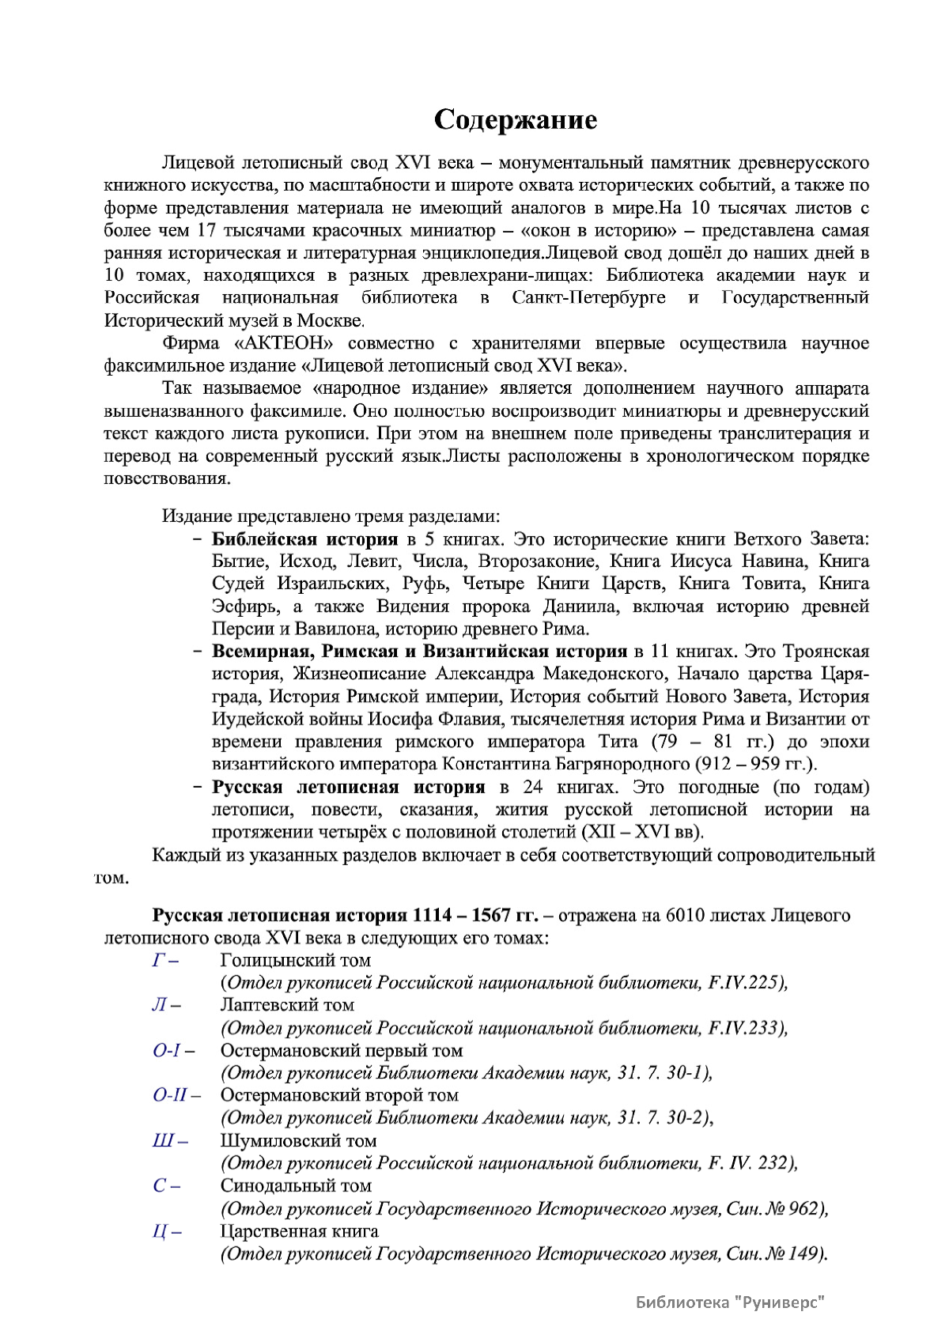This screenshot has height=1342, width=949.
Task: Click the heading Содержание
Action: (x=515, y=120)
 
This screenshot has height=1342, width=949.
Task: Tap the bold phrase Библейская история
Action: (x=304, y=539)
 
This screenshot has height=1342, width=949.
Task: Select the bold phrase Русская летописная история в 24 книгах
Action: (x=348, y=788)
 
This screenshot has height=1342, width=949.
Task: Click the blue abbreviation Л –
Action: (x=165, y=1005)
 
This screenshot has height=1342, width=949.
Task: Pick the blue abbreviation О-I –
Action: (x=173, y=1051)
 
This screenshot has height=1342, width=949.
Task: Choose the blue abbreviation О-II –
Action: (x=176, y=1096)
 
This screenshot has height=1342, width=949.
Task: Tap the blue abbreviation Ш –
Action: (x=169, y=1141)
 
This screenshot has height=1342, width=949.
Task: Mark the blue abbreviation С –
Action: (x=165, y=1186)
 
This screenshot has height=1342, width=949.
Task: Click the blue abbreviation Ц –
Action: (x=166, y=1232)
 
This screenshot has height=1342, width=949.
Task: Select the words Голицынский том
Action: (x=295, y=960)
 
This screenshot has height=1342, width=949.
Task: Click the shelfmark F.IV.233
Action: (x=746, y=1028)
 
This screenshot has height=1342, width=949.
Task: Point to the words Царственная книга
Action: (x=299, y=1232)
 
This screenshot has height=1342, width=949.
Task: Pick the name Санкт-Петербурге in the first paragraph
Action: (x=588, y=298)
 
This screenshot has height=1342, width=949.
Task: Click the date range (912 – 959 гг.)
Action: (x=756, y=765)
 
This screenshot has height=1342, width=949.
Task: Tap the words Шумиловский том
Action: (x=298, y=1141)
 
